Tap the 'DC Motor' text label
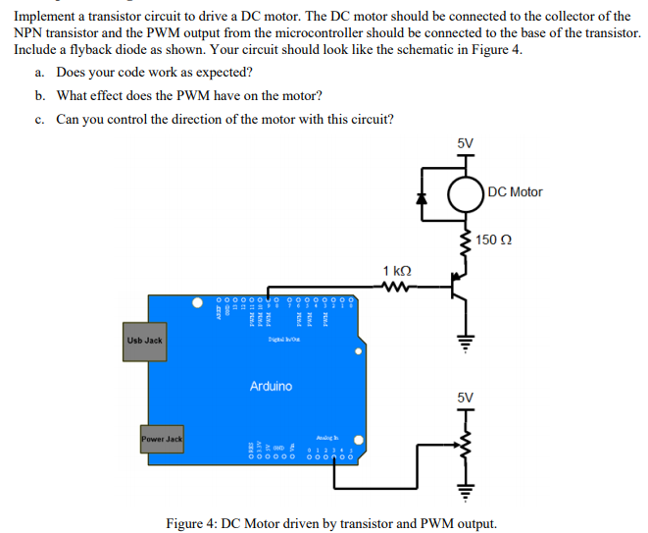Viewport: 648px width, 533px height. tap(515, 192)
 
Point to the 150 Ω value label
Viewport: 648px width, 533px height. tap(495, 240)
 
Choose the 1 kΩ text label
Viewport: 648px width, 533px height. tap(397, 270)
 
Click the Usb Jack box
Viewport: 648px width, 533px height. tap(144, 341)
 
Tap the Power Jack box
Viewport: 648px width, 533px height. tap(161, 439)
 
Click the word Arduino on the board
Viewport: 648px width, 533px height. tap(271, 386)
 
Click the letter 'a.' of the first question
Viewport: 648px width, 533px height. tap(39, 73)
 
